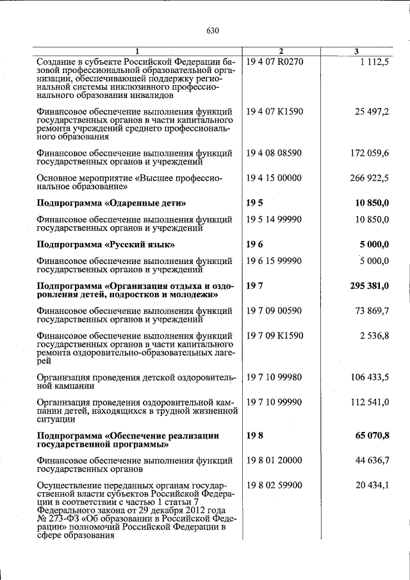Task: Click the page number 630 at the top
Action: [213, 31]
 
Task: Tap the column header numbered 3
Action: [356, 51]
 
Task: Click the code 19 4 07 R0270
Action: [274, 61]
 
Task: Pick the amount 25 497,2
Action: [372, 112]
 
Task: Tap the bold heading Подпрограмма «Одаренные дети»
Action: [111, 203]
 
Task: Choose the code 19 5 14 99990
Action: [274, 220]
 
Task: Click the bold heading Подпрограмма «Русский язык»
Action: [106, 245]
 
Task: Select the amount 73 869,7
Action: [372, 311]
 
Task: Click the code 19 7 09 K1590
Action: [274, 336]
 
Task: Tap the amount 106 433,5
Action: [369, 377]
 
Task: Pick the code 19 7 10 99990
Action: [274, 402]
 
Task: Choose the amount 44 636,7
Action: [372, 460]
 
